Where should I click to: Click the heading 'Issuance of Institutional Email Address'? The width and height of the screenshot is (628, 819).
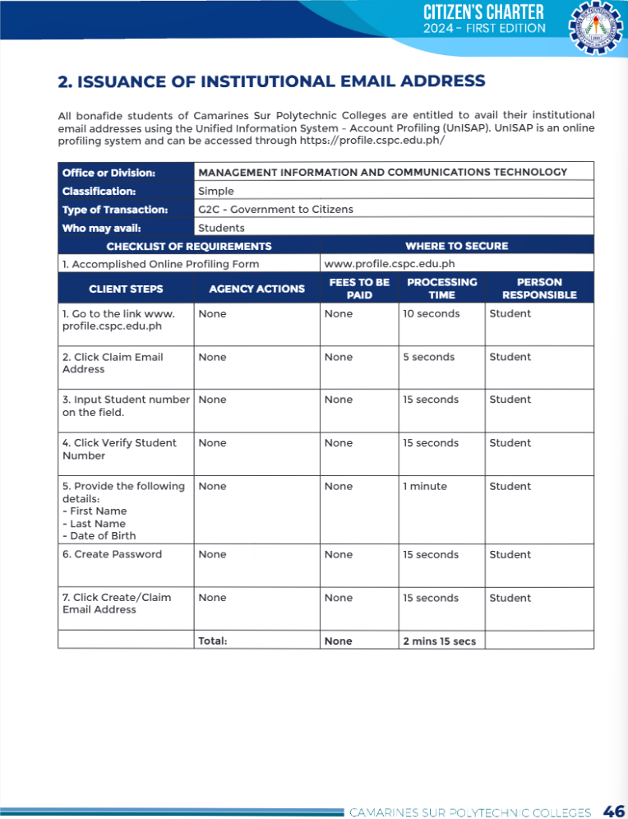271,81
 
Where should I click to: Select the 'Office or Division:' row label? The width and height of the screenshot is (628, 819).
109,173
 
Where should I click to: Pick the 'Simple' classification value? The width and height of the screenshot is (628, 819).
216,191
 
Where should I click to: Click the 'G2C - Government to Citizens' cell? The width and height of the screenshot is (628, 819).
275,209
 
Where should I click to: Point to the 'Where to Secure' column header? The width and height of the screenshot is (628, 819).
456,246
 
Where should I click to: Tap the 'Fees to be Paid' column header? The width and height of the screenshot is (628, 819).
358,288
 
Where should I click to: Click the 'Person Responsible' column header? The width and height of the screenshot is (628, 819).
539,288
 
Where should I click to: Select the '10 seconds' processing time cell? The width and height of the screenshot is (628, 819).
431,313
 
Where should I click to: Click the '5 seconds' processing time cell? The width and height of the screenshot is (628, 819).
428,357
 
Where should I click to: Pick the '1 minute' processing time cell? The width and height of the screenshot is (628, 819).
425,486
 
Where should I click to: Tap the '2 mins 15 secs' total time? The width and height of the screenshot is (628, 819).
439,641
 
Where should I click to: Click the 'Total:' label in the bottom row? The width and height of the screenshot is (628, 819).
213,641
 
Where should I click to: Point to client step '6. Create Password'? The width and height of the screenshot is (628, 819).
112,554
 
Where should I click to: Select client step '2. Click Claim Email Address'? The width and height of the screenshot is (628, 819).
112,363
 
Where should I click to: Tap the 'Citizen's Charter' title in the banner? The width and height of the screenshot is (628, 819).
483,12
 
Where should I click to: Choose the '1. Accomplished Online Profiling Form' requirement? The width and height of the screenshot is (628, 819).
160,264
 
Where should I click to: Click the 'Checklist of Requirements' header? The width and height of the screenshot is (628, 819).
188,246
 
